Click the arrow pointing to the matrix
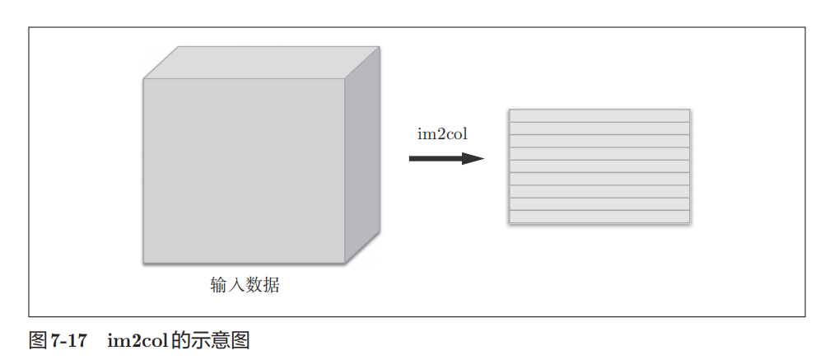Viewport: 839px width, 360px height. click(x=445, y=157)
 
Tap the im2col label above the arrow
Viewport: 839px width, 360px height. click(x=442, y=134)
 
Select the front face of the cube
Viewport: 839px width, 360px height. click(x=244, y=171)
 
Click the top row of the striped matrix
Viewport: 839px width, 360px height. click(x=599, y=115)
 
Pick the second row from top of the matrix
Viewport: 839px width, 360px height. click(x=599, y=129)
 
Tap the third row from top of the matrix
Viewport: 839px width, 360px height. click(x=599, y=141)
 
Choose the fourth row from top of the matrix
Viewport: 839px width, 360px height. click(x=599, y=153)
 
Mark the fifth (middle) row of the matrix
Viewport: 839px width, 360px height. click(x=599, y=166)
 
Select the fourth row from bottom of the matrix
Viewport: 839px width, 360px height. click(x=599, y=179)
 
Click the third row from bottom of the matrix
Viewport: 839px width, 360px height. click(x=599, y=191)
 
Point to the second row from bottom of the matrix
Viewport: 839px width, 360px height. click(x=599, y=203)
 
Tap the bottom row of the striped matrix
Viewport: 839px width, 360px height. click(x=599, y=216)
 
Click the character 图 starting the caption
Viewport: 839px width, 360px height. click(x=38, y=340)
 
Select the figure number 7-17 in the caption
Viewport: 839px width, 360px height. click(x=68, y=340)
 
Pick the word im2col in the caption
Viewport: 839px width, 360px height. click(x=137, y=340)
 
